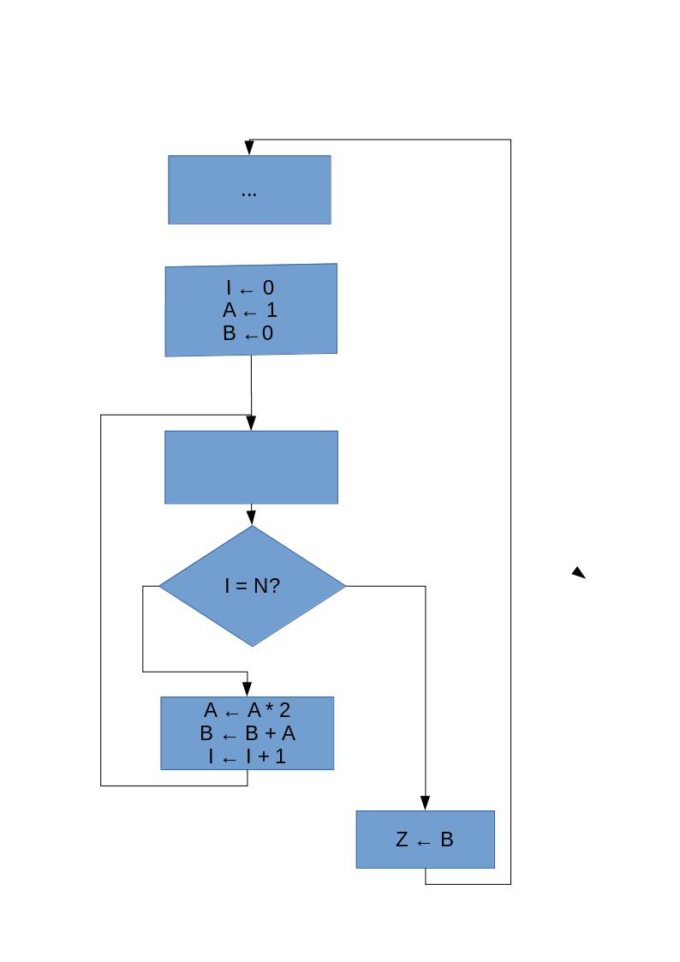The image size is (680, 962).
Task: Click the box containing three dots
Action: [249, 190]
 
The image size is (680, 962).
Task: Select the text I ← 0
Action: [249, 288]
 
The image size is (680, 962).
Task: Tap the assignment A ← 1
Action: [249, 310]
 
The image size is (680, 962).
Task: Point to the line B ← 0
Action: [249, 333]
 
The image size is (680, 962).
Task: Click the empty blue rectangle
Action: [251, 467]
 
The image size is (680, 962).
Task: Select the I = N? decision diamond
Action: [252, 586]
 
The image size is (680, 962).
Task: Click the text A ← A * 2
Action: [248, 710]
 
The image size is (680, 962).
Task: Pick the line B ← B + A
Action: [248, 733]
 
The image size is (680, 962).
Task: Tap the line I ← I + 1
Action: [248, 756]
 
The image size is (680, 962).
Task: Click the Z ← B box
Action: [425, 840]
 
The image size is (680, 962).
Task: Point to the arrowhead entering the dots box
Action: [249, 148]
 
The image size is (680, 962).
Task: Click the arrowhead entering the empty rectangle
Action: [251, 423]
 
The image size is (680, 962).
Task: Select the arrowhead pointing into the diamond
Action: [251, 518]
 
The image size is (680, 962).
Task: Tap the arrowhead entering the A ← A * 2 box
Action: [248, 689]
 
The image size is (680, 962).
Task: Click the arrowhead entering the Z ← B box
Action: [425, 804]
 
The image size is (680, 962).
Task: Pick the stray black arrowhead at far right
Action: [579, 572]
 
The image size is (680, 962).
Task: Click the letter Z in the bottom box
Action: [402, 840]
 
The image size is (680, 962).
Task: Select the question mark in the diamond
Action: [275, 586]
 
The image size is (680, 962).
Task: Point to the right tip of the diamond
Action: [344, 586]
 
